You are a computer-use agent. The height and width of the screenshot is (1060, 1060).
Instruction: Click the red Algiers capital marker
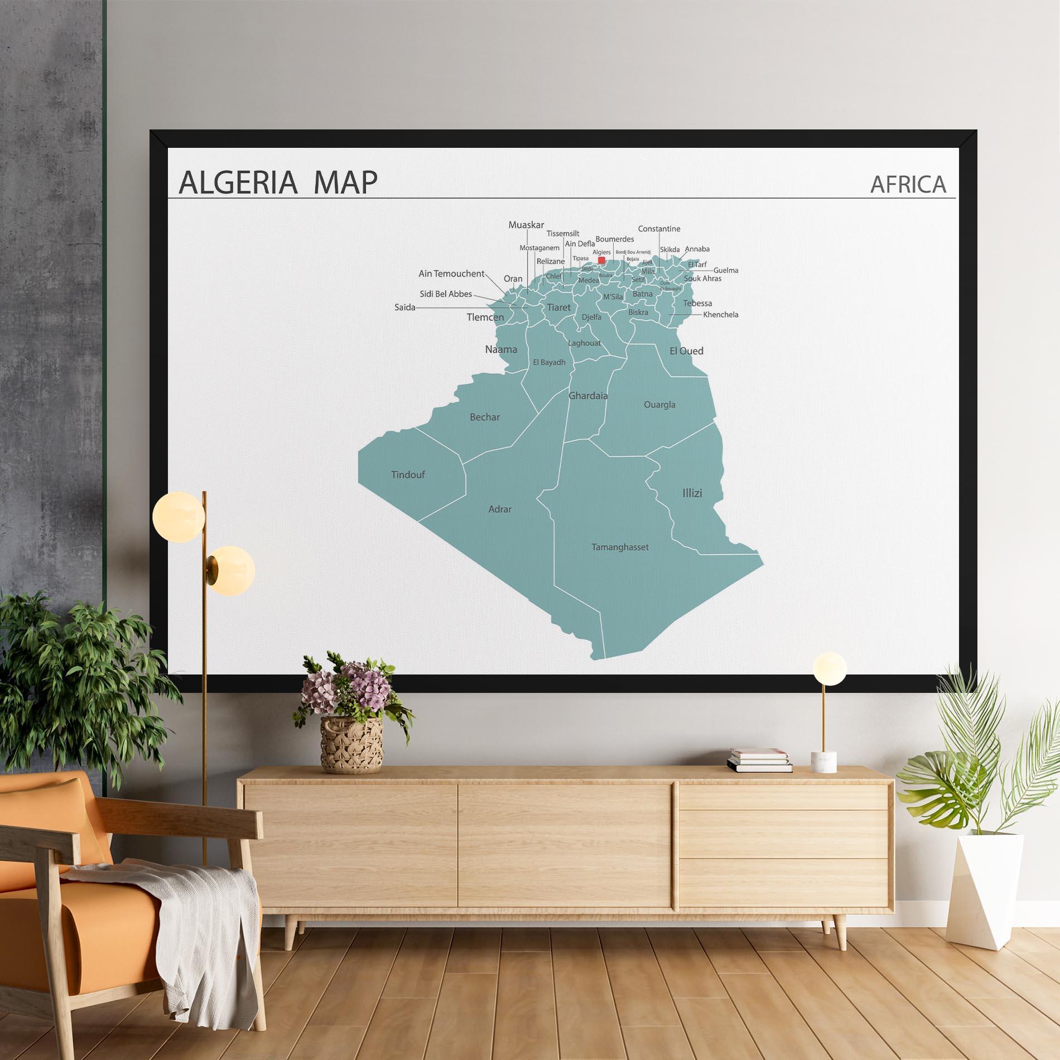pos(601,260)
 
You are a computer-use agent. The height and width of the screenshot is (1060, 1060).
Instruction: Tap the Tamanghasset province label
pos(620,547)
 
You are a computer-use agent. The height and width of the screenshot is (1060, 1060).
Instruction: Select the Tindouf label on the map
pos(408,475)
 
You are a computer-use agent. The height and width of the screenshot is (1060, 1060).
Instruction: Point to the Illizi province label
pos(692,493)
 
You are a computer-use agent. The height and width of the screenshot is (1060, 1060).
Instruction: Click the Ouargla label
pos(659,404)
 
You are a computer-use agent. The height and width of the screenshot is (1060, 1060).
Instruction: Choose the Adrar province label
pos(500,509)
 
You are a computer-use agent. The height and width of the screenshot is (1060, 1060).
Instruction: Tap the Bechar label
pos(485,417)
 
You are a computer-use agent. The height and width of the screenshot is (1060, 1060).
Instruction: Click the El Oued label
pos(686,351)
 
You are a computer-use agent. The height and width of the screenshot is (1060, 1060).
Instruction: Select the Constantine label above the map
pos(659,229)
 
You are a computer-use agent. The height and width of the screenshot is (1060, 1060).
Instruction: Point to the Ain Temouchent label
pos(451,274)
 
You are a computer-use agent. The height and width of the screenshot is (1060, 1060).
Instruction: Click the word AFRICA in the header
pos(908,185)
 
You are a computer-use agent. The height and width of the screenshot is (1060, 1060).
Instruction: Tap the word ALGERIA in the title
pos(238,182)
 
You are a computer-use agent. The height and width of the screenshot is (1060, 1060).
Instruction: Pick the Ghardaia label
pos(588,396)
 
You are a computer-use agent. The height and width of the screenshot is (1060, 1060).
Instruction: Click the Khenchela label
pos(720,315)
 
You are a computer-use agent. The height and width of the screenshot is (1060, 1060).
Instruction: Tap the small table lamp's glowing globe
pos(830,668)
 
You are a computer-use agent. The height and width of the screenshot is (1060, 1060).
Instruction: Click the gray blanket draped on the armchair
pos(184,915)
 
